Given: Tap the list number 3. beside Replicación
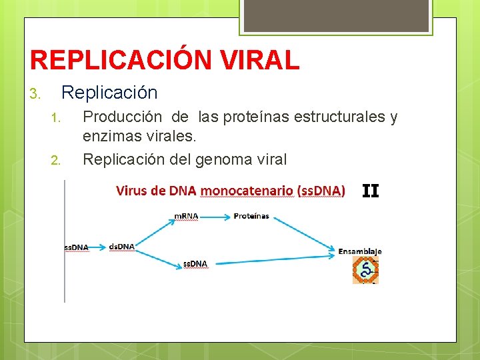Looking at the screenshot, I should tap(37, 93).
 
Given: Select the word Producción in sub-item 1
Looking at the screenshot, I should tap(121, 117).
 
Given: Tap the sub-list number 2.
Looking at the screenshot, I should tap(56, 160).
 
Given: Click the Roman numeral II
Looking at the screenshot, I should tap(370, 191).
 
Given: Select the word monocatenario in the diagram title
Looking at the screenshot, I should tap(247, 191).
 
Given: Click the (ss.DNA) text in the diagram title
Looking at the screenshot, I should tap(321, 191).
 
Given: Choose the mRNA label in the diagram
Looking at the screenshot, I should tap(186, 216).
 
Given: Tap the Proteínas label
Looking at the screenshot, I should tap(251, 216).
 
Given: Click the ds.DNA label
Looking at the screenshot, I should tap(121, 247).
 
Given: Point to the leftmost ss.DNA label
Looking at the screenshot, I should tap(76, 247).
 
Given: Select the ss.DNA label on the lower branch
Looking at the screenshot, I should tap(195, 264).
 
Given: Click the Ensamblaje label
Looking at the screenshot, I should tap(360, 251).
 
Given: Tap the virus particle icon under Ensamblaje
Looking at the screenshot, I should tap(365, 271).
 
